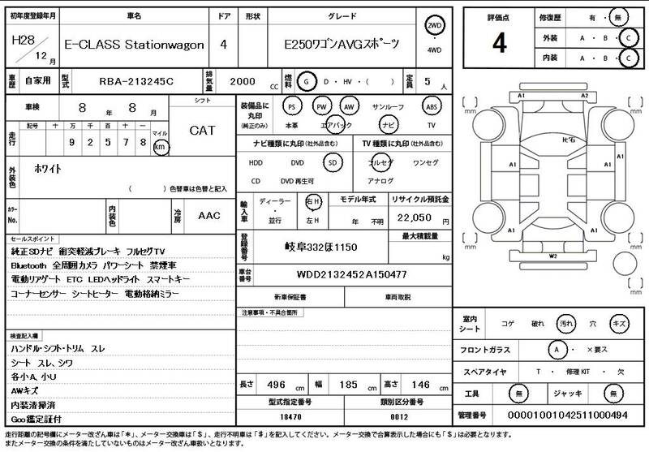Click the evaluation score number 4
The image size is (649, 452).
tap(499, 43)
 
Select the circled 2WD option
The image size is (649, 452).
tap(436, 28)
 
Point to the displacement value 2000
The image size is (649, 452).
tap(244, 81)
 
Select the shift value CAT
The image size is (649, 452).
tap(202, 130)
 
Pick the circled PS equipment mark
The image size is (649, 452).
tap(292, 106)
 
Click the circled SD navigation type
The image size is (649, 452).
tap(331, 162)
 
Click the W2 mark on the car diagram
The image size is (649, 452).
tap(552, 256)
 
